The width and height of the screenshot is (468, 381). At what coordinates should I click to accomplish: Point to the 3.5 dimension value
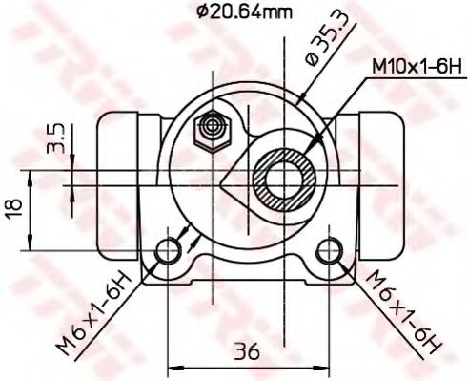[x=56, y=138]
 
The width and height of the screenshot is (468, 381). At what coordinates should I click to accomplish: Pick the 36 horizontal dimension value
[x=249, y=352]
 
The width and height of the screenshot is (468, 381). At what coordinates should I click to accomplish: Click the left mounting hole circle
[x=169, y=251]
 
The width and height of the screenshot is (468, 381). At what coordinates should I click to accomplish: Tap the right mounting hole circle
[x=328, y=251]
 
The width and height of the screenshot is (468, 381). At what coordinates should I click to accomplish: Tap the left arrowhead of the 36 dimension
[x=174, y=366]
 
